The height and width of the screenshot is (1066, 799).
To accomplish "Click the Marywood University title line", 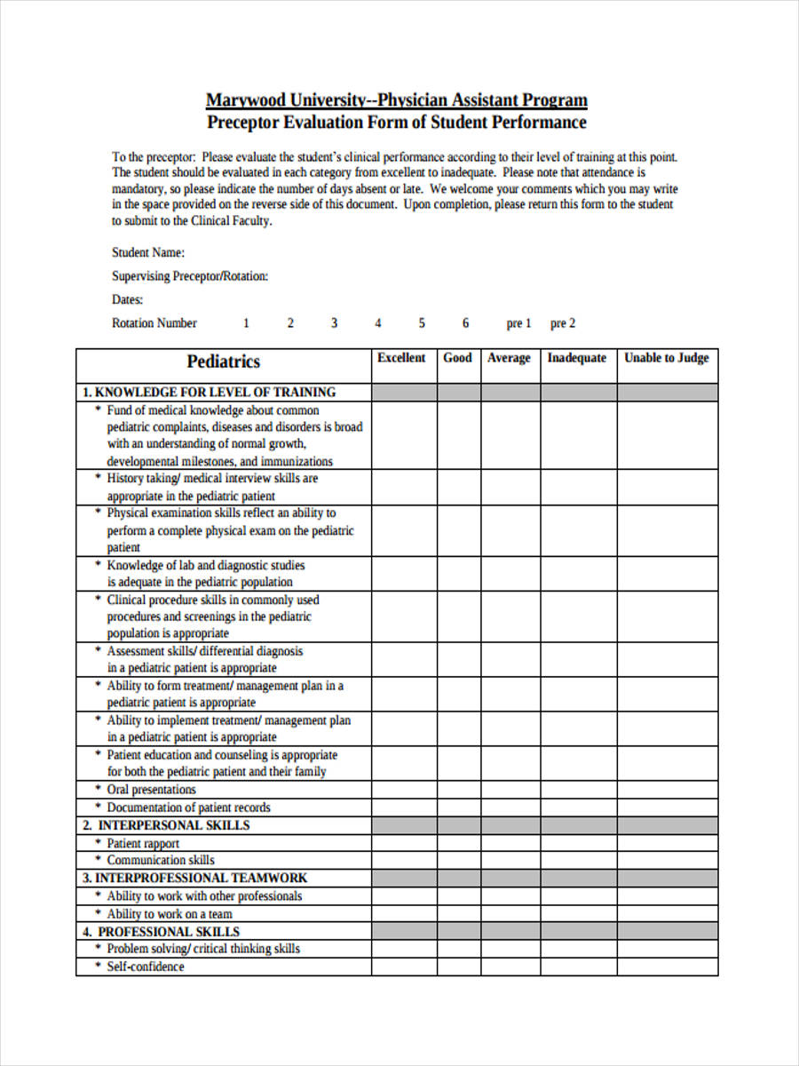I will tap(397, 99).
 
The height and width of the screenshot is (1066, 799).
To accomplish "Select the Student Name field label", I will tap(148, 252).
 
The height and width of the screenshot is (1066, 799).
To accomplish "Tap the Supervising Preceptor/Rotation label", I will tap(190, 276).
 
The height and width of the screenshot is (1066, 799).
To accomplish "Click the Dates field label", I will tap(128, 300).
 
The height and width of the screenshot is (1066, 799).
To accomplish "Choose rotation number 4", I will tap(378, 323).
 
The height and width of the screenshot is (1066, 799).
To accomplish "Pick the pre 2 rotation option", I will tap(563, 323).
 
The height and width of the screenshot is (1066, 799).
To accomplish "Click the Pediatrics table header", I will tap(224, 362).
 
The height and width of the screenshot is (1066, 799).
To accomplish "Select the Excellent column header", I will tap(402, 358).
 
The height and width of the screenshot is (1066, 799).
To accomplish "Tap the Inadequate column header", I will tap(577, 358).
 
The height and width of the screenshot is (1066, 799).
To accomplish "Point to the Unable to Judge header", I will tap(667, 358).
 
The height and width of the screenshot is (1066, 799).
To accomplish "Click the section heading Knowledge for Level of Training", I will tap(210, 392).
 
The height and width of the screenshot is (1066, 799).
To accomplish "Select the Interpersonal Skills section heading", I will tap(167, 825).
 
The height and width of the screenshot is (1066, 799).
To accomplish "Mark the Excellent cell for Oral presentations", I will tap(403, 790).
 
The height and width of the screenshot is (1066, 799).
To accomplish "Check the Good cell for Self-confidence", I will tap(458, 967).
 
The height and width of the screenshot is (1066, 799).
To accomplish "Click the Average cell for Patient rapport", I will tap(510, 843).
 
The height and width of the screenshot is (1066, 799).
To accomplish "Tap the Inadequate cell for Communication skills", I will tap(578, 860).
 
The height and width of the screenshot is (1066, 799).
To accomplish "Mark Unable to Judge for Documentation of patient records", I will tap(667, 807).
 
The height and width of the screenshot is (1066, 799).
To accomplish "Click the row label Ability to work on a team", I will tap(170, 913).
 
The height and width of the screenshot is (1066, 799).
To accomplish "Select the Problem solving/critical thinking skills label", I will tap(203, 949).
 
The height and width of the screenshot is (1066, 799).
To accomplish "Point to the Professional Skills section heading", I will tap(162, 932).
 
